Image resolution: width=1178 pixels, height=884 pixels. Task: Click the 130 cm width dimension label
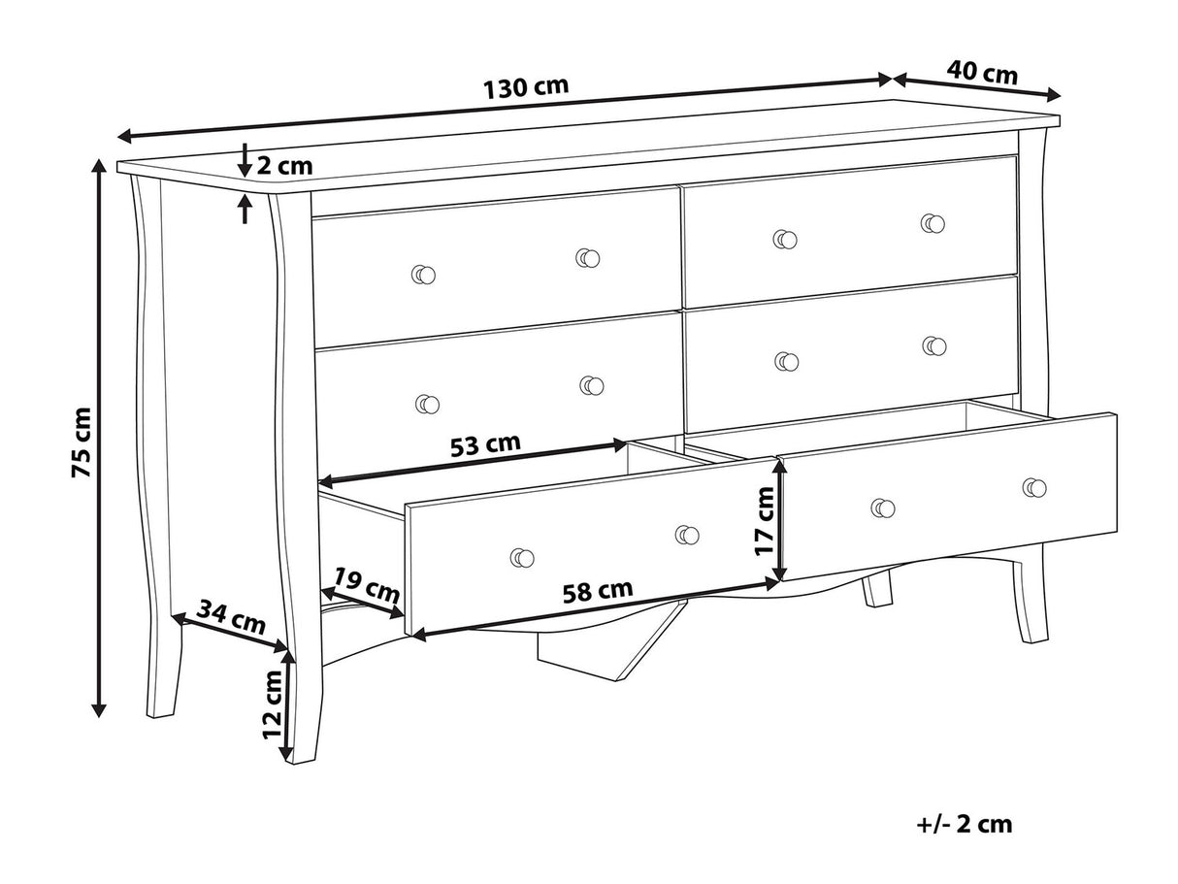coord(525,86)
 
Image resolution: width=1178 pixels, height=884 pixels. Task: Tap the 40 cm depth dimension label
coord(982,73)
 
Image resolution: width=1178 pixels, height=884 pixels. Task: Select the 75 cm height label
coord(82,442)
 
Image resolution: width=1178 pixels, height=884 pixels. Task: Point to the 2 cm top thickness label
coord(284,166)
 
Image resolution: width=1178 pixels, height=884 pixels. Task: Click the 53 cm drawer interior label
coord(485,445)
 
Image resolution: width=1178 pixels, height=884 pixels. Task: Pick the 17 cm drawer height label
coord(765,520)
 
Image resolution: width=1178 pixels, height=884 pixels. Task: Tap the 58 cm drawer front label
coord(598,591)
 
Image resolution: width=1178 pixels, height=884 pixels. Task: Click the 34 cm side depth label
coord(231,617)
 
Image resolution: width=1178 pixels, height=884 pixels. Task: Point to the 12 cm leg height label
coord(273,704)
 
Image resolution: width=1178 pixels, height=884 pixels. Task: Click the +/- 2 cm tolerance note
coord(964,825)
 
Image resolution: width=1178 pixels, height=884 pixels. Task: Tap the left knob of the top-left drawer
coord(423,275)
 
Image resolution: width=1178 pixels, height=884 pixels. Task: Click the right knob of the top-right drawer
coord(933,223)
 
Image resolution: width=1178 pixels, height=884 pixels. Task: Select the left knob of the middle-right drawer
coord(787,362)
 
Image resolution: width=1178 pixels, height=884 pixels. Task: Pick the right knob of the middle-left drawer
coord(592,385)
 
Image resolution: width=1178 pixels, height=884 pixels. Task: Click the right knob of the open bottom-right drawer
coord(1034,487)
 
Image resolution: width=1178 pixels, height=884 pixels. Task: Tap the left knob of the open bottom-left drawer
coord(522,558)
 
